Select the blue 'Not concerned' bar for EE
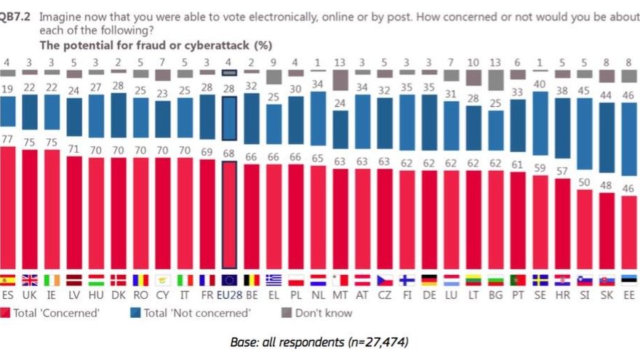pyautogui.click(x=628, y=146)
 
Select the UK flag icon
pyautogui.click(x=30, y=280)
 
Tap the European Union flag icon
pyautogui.click(x=229, y=280)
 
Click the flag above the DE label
pyautogui.click(x=429, y=280)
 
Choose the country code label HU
pyautogui.click(x=96, y=296)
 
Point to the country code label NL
pyautogui.click(x=318, y=296)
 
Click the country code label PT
pyautogui.click(x=518, y=296)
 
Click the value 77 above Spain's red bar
pyautogui.click(x=8, y=139)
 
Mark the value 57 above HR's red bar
pyautogui.click(x=562, y=170)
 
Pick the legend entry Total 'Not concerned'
pyautogui.click(x=193, y=313)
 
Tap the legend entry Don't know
pyautogui.click(x=321, y=313)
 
